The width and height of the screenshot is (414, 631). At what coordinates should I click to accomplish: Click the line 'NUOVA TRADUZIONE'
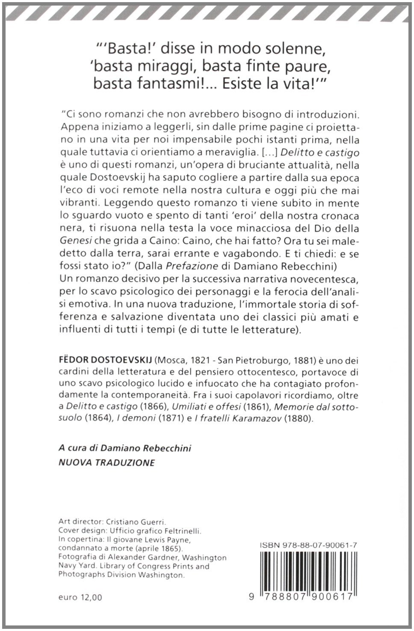pyautogui.click(x=106, y=463)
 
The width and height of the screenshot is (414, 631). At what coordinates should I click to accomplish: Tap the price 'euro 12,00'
pyautogui.click(x=80, y=597)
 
